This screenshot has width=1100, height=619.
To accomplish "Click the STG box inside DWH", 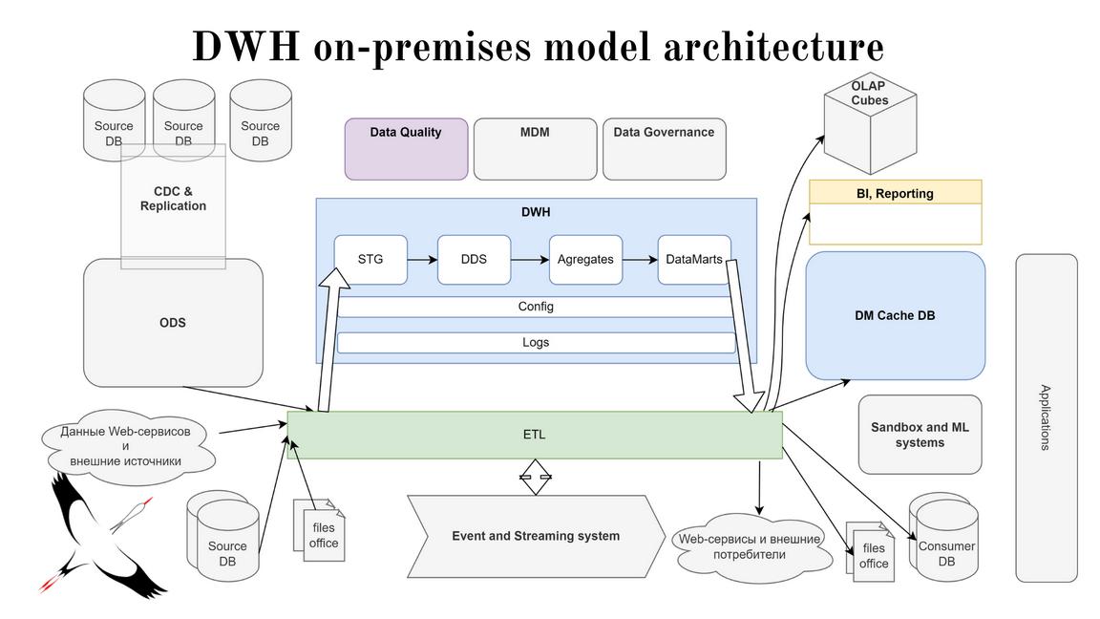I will point(370,259).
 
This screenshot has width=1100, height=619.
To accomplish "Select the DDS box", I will point(474,259).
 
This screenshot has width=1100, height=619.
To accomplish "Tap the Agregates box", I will point(584,259).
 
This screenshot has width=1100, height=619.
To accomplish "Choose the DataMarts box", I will point(694,259).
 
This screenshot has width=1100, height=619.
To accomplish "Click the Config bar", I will point(536,308).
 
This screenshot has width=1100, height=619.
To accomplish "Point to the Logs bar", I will point(536,342).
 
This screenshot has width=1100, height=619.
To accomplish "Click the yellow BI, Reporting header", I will point(895,193).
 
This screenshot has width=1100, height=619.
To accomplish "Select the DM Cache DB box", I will point(895,315).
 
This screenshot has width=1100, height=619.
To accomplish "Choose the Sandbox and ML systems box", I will point(920,435).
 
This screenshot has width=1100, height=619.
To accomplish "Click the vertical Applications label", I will point(1046,417).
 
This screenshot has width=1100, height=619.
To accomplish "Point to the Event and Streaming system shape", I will point(536,536).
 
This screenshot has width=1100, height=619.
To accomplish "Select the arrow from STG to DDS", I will point(422,259).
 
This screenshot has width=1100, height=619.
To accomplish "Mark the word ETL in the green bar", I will point(535,435).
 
